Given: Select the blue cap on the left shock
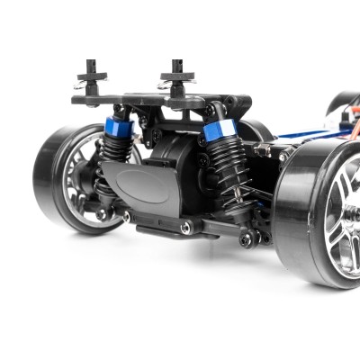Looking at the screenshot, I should [x=120, y=129].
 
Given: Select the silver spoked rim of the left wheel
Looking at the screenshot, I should [x=86, y=180].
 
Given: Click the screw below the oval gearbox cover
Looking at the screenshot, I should [x=185, y=229].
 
